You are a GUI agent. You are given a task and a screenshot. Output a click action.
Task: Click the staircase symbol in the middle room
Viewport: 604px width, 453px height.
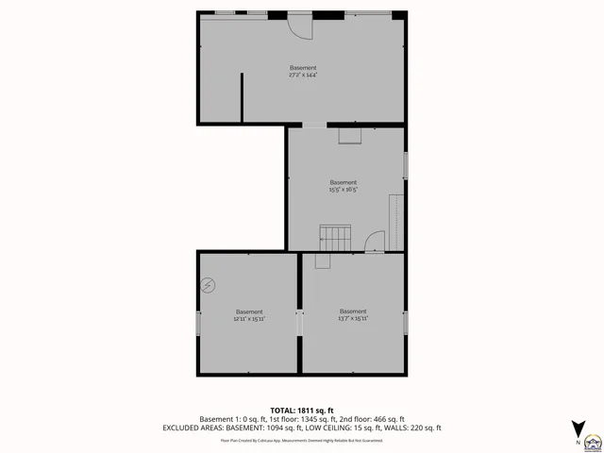click(334, 237)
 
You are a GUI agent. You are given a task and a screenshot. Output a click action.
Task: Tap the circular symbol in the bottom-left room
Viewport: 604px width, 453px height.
click(208, 284)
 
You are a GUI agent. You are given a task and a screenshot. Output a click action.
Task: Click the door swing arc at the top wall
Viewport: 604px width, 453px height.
click(299, 26)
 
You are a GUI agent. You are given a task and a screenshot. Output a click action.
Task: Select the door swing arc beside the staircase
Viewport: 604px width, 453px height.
click(375, 242)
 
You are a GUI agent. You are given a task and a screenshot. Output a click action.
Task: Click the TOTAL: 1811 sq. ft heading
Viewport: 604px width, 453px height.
click(302, 411)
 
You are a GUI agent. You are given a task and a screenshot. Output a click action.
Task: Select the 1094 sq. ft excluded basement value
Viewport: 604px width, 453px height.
click(290, 428)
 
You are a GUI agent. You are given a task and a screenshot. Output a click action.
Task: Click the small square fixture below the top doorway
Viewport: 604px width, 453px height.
click(349, 135)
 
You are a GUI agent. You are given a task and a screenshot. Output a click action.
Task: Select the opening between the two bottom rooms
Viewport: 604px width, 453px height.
click(299, 323)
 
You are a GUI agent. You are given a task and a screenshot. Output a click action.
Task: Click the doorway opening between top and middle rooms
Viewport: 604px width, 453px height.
click(314, 125)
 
